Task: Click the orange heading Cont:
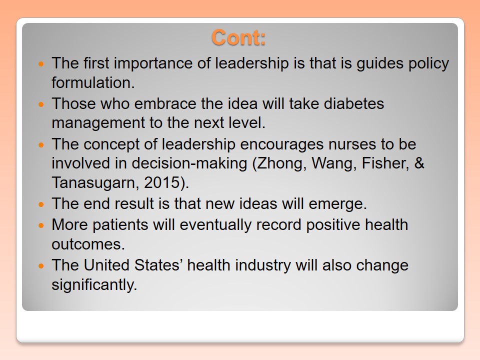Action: (238, 37)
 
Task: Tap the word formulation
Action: (93, 82)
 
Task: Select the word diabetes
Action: (354, 103)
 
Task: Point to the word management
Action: (98, 123)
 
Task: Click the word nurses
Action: (352, 144)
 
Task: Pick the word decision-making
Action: (189, 163)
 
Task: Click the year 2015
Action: (162, 183)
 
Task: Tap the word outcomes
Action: (88, 244)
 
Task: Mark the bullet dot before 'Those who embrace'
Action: (41, 104)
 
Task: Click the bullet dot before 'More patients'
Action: (41, 225)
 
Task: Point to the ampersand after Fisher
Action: (419, 163)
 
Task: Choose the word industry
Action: (263, 265)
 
